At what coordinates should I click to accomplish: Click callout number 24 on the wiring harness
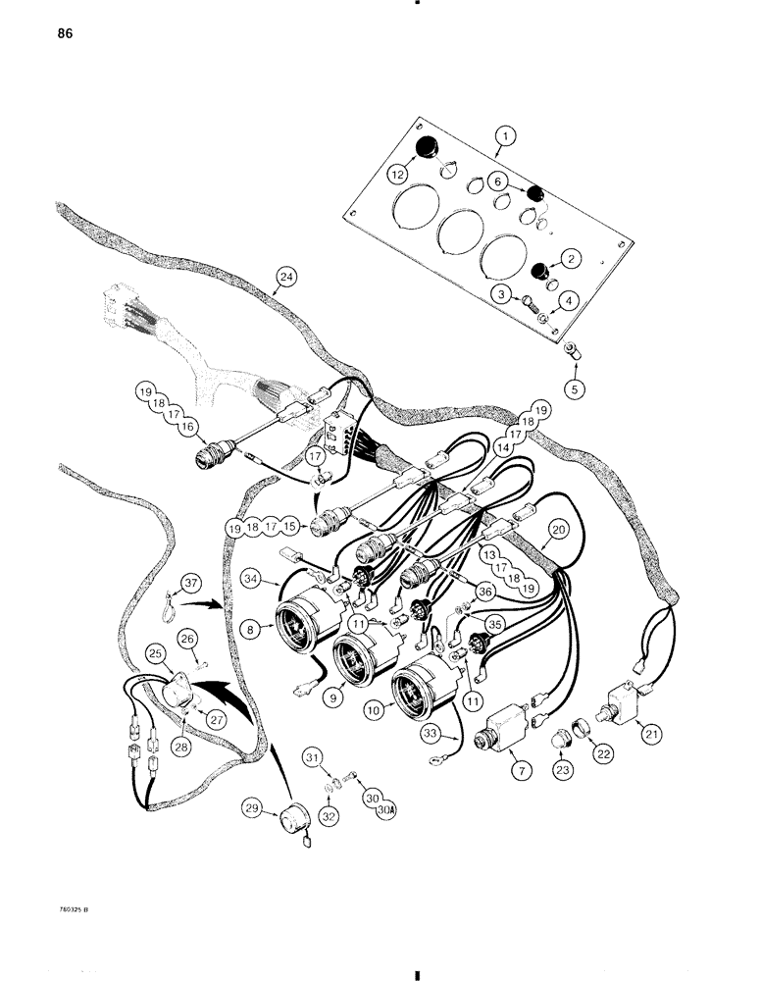285,278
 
